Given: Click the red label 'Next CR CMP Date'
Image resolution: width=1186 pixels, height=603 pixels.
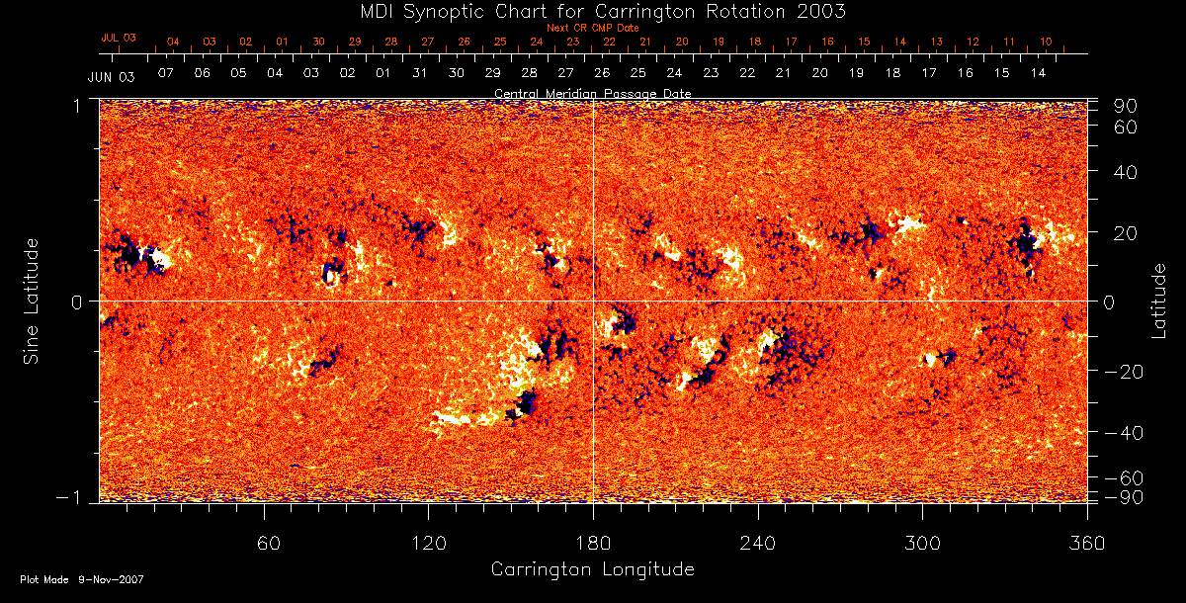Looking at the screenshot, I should [x=593, y=28].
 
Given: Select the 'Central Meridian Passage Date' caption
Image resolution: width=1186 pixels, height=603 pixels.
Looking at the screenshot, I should [x=593, y=93].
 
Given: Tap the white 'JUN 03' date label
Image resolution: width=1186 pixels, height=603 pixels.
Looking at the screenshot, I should [x=111, y=76].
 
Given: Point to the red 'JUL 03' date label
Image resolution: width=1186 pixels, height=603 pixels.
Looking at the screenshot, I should [x=119, y=38].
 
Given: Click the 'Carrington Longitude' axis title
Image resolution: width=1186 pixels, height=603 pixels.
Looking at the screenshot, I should [x=592, y=569].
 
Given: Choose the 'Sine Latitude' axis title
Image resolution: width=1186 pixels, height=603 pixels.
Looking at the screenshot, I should [x=32, y=300].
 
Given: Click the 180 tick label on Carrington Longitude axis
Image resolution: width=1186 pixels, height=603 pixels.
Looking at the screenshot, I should [x=593, y=543].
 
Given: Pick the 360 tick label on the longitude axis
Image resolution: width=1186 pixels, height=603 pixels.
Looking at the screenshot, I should [x=1087, y=543].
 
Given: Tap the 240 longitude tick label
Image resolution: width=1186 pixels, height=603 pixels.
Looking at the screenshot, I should [x=758, y=543].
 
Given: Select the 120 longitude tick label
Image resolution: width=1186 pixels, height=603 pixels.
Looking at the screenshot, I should [x=429, y=543].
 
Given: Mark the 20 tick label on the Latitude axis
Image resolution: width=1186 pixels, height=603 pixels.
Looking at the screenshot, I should [x=1129, y=233].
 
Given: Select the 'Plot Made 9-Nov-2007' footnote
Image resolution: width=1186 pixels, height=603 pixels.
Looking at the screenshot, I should [x=82, y=579].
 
